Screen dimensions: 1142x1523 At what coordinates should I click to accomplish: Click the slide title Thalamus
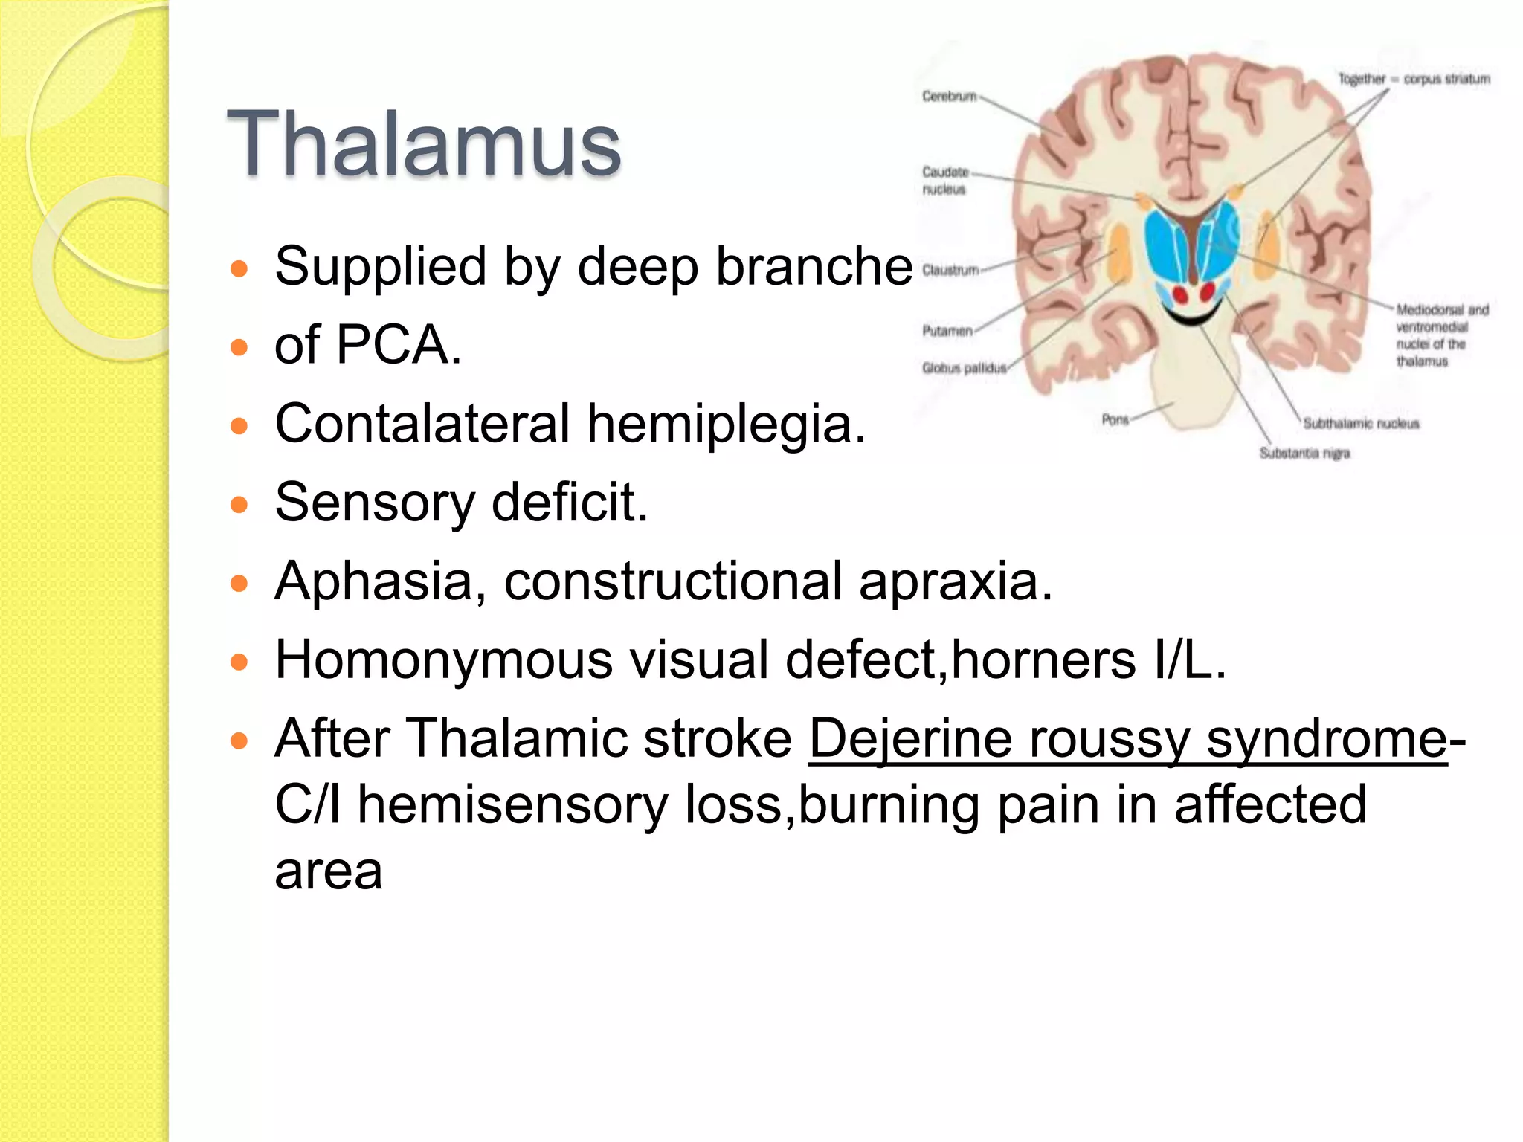click(423, 144)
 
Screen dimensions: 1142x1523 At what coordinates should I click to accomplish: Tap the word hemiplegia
click(725, 424)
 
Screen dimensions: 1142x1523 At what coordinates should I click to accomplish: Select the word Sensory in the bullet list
click(374, 503)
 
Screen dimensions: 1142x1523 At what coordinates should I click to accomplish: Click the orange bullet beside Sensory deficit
click(239, 505)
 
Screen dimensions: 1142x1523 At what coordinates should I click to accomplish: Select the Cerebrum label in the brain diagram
click(949, 96)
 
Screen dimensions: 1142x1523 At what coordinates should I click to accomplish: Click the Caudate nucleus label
click(944, 181)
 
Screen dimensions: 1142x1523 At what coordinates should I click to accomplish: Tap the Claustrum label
click(950, 270)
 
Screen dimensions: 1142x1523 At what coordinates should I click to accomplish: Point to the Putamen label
click(947, 331)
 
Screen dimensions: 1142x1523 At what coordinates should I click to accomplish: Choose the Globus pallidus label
click(964, 368)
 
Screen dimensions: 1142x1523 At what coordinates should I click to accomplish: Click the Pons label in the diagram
click(1115, 419)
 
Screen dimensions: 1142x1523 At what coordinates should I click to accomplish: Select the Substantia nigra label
click(1304, 453)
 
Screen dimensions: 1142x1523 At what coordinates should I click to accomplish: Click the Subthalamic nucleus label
click(1360, 423)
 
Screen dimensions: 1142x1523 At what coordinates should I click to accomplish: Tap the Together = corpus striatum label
click(1414, 79)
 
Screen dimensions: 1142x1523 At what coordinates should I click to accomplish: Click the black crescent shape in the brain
click(1192, 318)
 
